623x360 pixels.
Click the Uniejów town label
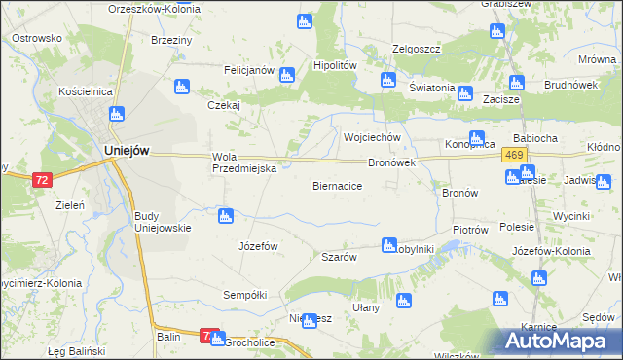pos(127,151)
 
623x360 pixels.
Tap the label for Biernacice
pos(338,184)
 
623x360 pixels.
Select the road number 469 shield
pos(516,156)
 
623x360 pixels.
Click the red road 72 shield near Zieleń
pos(41,180)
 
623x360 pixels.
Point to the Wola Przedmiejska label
pos(245,162)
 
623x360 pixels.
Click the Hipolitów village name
pos(335,64)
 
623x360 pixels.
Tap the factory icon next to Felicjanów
pos(287,75)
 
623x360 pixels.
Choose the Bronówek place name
pos(391,162)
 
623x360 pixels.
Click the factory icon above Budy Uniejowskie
pos(226,215)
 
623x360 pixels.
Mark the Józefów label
pos(258,246)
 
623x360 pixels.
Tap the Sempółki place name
pos(245,294)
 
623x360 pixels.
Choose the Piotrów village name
pos(469,230)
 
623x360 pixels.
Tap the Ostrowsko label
pos(37,38)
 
